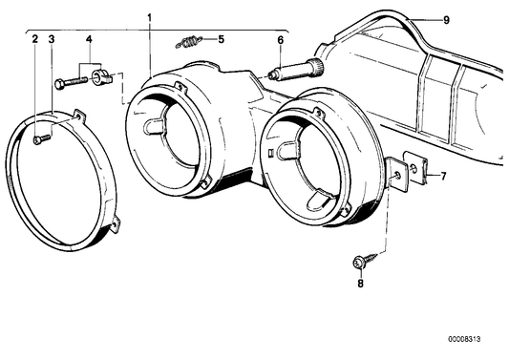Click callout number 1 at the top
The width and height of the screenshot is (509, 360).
150,18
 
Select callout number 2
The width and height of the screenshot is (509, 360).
35,39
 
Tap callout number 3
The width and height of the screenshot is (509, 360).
51,39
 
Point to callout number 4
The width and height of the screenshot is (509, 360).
89,41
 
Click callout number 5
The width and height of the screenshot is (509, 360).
221,39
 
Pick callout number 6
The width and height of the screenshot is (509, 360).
281,40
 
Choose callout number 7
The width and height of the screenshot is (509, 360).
442,176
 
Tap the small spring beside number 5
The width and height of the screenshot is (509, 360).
191,41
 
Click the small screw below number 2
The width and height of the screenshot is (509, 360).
39,140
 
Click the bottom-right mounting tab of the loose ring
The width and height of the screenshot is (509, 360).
115,225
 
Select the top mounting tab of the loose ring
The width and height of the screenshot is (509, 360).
78,116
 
